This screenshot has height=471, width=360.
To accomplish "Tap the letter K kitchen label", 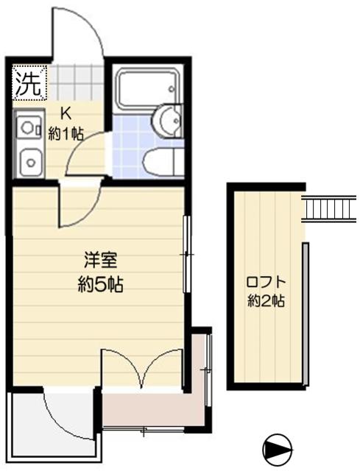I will [65, 115].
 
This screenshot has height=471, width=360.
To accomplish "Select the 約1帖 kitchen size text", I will [66, 133].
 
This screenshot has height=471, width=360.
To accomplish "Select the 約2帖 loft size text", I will [266, 300].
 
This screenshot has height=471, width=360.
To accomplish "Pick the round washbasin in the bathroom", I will [169, 119].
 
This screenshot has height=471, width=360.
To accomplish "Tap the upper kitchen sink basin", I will [29, 128].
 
